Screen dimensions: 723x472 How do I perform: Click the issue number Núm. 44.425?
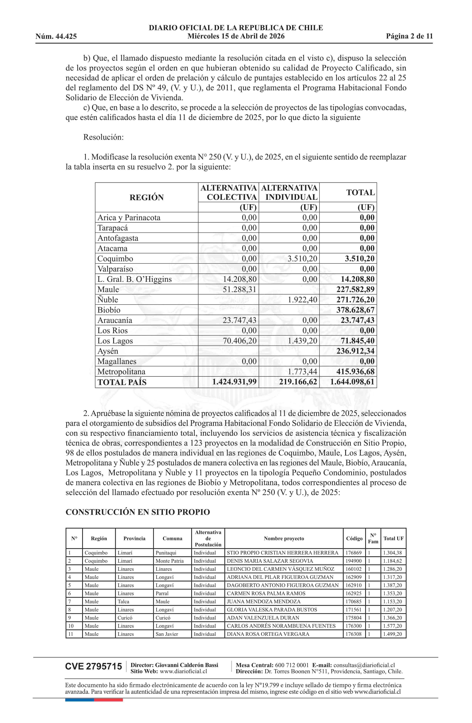click(x=56, y=37)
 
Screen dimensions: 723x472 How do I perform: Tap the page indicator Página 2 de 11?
click(x=409, y=36)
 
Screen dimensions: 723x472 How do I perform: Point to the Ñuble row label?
click(x=108, y=300)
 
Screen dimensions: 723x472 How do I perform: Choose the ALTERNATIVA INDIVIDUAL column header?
click(x=289, y=192)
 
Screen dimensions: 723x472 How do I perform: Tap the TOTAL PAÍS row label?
click(x=122, y=382)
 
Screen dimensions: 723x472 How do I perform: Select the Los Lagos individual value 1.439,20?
click(x=302, y=341)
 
